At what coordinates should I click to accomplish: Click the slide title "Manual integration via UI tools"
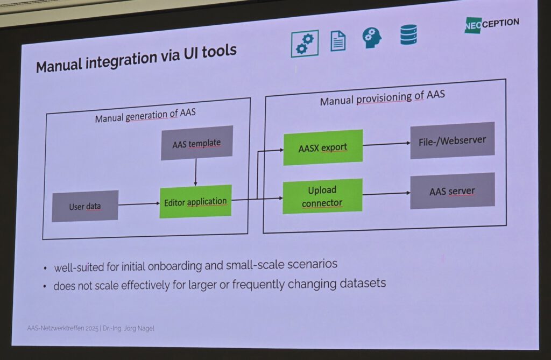coord(136,58)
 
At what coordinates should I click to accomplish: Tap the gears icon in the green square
coord(305,43)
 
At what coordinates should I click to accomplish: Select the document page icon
coord(338,40)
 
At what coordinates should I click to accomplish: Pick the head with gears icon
coord(371,38)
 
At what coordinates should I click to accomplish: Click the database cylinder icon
coord(408,35)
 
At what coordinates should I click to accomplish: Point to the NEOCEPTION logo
coord(492,24)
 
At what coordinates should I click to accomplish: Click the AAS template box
coord(196,143)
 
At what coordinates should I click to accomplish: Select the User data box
coord(85,206)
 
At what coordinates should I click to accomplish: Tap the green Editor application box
coord(195,202)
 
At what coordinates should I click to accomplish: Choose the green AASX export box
coord(323,147)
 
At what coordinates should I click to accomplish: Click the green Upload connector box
coord(322,196)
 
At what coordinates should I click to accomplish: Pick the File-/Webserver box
coord(452,141)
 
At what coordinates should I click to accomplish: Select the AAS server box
coord(452,191)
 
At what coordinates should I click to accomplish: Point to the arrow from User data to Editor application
coord(138,204)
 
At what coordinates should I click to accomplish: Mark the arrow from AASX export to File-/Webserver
coord(386,144)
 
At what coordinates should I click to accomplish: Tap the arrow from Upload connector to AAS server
coord(386,194)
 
